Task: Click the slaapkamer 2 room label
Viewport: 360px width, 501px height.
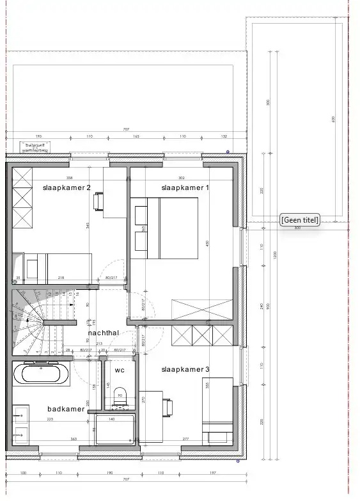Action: click(x=67, y=187)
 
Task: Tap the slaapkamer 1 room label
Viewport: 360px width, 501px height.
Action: click(x=185, y=187)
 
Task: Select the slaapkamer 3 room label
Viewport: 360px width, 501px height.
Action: click(x=185, y=369)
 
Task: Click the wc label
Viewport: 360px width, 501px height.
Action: click(x=120, y=370)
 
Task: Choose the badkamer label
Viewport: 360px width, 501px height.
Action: click(x=65, y=409)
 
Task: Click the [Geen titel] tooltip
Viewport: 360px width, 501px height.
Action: click(x=299, y=219)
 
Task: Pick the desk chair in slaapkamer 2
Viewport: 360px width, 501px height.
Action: click(x=98, y=202)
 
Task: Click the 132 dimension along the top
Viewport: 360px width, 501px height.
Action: click(x=224, y=137)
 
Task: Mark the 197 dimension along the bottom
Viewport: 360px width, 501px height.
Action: click(x=212, y=473)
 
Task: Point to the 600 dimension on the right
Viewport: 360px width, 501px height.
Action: click(x=333, y=120)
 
